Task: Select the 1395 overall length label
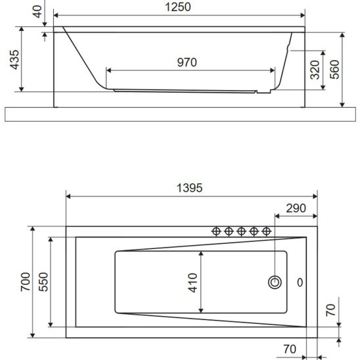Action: pyautogui.click(x=192, y=187)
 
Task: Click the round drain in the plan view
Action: pyautogui.click(x=275, y=282)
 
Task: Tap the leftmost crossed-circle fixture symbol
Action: pyautogui.click(x=216, y=231)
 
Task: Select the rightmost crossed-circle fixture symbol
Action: pyautogui.click(x=267, y=231)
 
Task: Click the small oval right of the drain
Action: pyautogui.click(x=300, y=282)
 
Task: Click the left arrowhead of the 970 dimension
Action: pyautogui.click(x=109, y=70)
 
